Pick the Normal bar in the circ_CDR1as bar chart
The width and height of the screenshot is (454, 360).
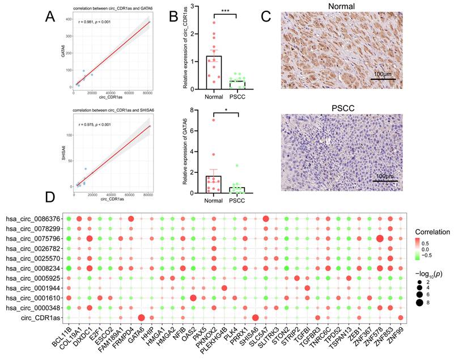point(214,72)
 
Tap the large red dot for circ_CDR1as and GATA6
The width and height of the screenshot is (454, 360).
point(141,317)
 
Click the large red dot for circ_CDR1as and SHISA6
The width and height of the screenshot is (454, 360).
point(256,317)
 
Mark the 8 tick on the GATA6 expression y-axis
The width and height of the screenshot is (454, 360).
point(193,111)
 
